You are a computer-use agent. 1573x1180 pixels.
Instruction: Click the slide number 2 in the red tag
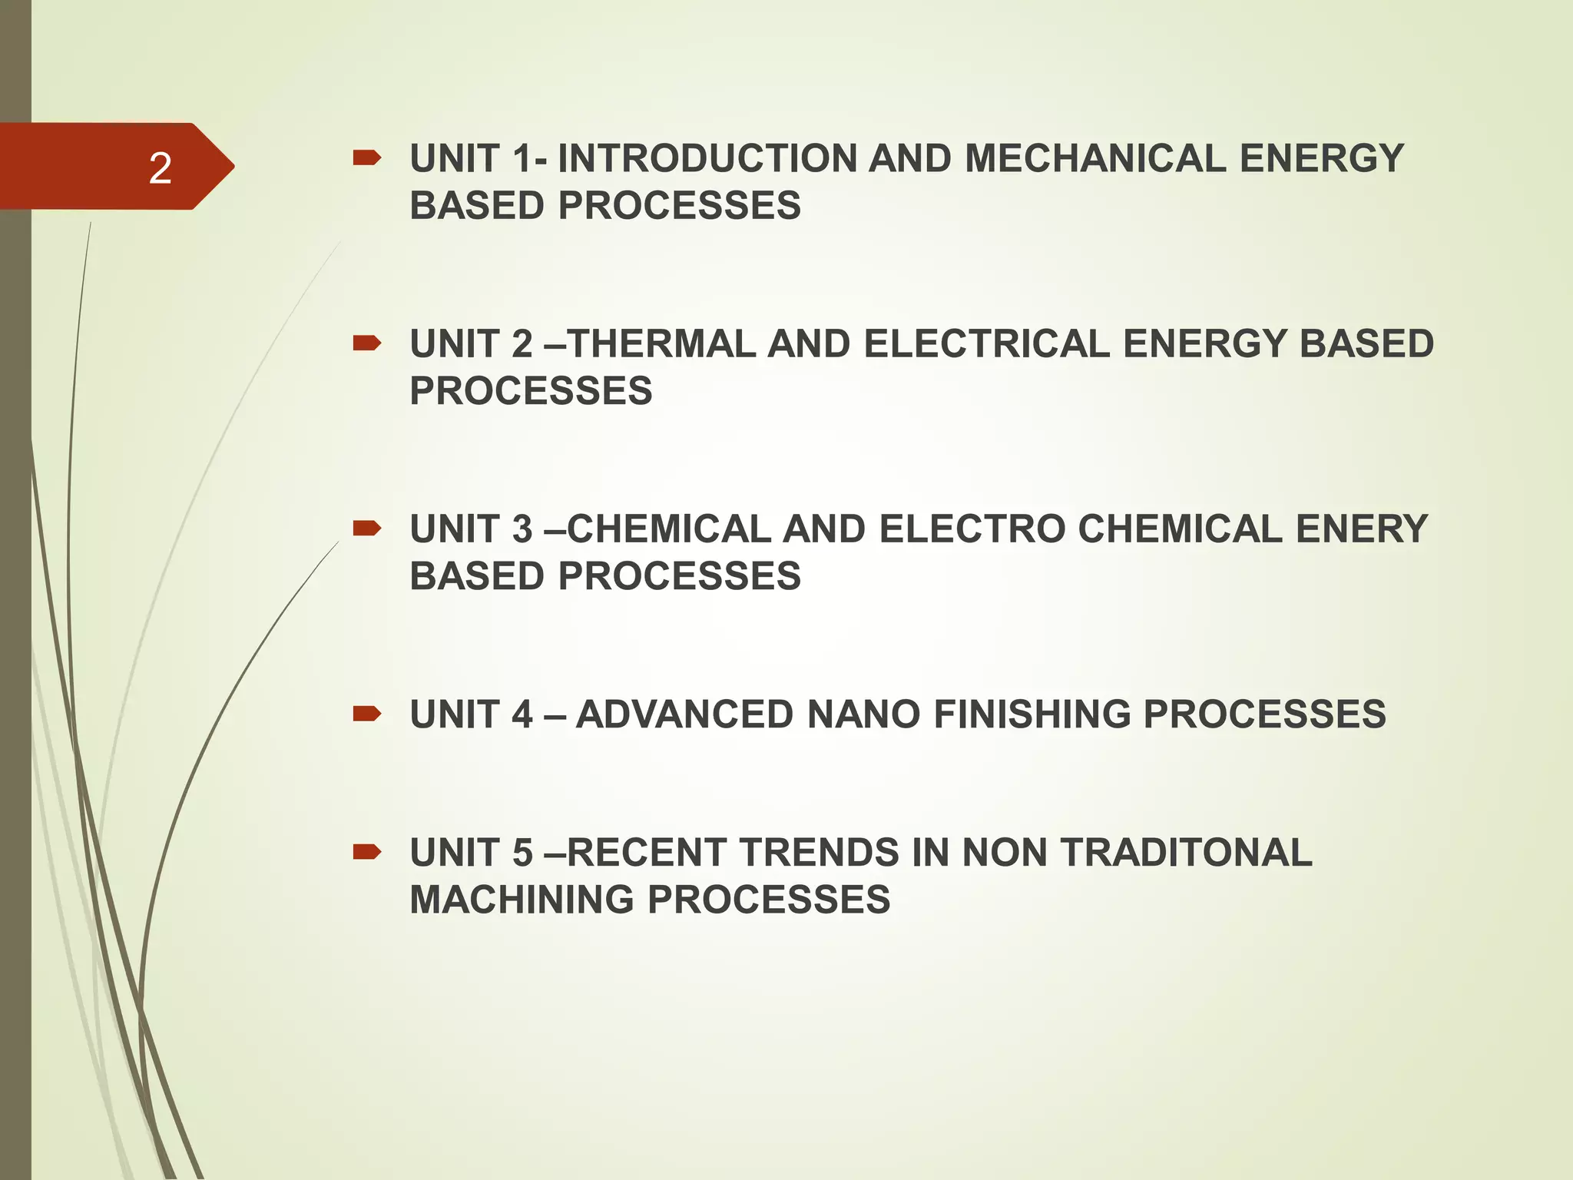click(x=160, y=167)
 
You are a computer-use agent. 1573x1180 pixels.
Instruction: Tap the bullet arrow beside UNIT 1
click(x=366, y=158)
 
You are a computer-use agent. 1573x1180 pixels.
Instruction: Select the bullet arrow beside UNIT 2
click(x=366, y=343)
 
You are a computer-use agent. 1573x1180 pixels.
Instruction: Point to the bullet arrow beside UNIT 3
click(x=366, y=528)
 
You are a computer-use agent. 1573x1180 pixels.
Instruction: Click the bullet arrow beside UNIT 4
click(x=366, y=714)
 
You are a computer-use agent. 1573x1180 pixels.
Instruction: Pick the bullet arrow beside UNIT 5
click(x=366, y=852)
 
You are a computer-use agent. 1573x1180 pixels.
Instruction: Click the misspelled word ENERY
click(x=1361, y=529)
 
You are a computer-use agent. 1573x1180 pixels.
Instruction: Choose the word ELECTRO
click(x=972, y=529)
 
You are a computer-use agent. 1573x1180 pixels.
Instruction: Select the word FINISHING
click(x=1032, y=714)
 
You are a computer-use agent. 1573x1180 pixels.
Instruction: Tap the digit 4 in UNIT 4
click(x=522, y=714)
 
